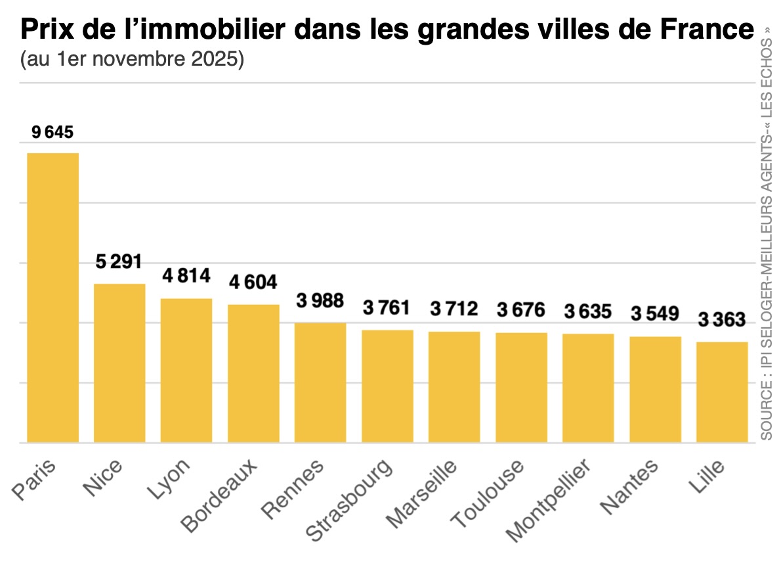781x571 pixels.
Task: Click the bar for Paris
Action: [x=53, y=297]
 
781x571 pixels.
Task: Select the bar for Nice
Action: [x=119, y=363]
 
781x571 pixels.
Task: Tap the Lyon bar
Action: [x=186, y=370]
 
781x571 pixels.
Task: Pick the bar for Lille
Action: [x=722, y=392]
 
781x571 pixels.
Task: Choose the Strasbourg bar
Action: [x=387, y=386]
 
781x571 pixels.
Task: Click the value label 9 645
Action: [x=53, y=133]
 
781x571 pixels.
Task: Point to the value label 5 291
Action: [x=119, y=262]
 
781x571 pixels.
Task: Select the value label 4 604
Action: [x=253, y=283]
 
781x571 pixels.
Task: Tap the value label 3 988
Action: [x=320, y=302]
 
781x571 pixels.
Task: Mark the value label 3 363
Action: [x=722, y=321]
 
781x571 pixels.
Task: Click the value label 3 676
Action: [x=521, y=310]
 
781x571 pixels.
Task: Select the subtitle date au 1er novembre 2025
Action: [x=133, y=59]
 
